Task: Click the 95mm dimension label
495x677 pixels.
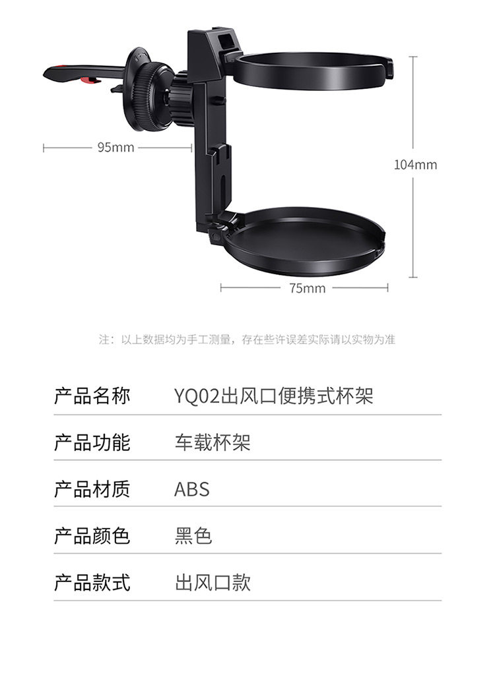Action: click(x=115, y=148)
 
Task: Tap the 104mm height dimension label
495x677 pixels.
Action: click(x=415, y=165)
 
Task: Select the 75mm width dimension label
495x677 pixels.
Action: click(x=308, y=288)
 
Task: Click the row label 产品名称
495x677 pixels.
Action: click(x=92, y=396)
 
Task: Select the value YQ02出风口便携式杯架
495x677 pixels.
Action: click(x=273, y=396)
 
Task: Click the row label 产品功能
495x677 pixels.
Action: click(x=92, y=442)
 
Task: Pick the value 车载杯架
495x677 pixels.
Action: click(x=213, y=442)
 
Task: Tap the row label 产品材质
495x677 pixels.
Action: click(x=92, y=489)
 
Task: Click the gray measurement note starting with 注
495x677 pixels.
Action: click(x=247, y=339)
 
